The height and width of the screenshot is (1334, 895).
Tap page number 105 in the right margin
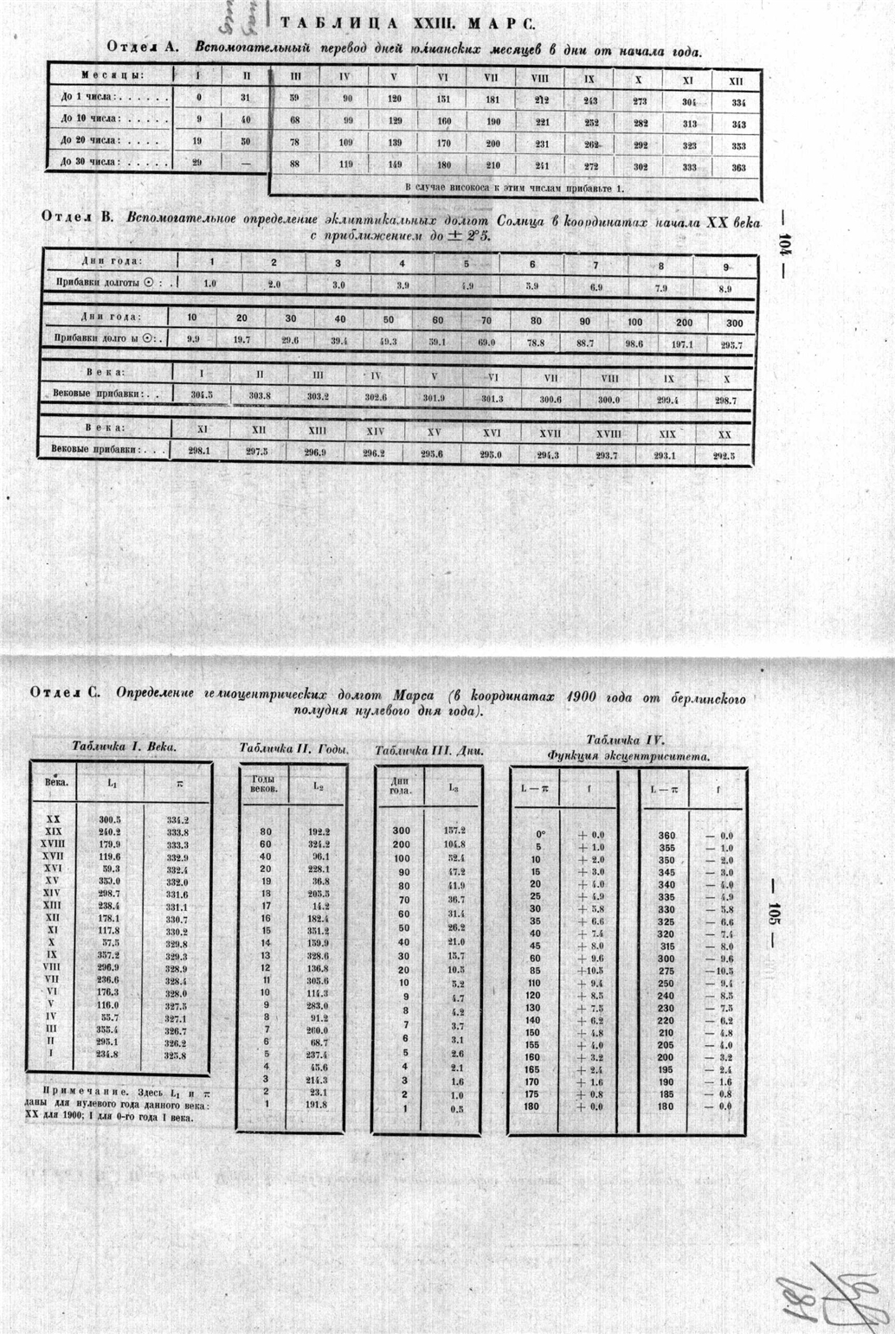[x=774, y=917]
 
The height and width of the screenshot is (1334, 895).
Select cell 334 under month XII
[x=737, y=102]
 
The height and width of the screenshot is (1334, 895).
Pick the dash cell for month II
[x=246, y=162]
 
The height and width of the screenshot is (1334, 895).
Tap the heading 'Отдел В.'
[x=78, y=217]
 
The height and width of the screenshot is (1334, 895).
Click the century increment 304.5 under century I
[x=202, y=394]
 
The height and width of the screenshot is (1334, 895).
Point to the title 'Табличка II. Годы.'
[x=293, y=749]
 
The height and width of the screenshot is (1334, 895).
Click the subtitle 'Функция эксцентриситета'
[x=628, y=755]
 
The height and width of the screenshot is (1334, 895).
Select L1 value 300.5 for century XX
[x=110, y=819]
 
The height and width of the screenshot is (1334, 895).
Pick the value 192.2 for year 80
[x=319, y=831]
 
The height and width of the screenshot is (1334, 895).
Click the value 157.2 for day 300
[x=454, y=830]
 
